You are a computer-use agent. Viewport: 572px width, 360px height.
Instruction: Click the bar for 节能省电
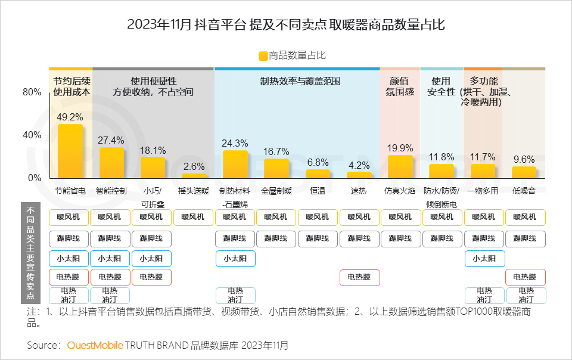[x=70, y=151]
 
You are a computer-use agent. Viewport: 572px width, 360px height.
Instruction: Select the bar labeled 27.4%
[x=111, y=163]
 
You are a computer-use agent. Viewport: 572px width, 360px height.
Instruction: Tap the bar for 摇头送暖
[x=194, y=176]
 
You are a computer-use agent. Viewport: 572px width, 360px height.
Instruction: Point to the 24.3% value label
[x=234, y=143]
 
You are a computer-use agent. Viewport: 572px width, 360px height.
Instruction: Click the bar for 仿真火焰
[x=400, y=167]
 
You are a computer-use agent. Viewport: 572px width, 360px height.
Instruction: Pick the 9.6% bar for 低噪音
[x=524, y=172]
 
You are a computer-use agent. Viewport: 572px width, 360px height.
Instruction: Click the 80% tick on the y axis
[x=32, y=92]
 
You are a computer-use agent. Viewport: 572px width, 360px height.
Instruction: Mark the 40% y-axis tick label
[x=32, y=135]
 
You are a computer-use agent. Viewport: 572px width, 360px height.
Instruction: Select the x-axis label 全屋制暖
[x=276, y=191]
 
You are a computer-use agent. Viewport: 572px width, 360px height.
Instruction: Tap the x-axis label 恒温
[x=318, y=191]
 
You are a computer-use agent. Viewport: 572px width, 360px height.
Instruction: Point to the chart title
[x=286, y=25]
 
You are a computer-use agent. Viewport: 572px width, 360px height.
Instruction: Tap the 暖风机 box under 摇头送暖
[x=194, y=217]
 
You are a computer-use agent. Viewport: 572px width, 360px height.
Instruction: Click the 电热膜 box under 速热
[x=359, y=277]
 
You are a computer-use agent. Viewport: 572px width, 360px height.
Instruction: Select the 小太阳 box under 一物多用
[x=484, y=259]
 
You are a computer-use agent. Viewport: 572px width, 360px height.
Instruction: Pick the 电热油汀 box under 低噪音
[x=525, y=296]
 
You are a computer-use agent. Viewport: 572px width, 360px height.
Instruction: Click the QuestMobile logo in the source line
[x=95, y=345]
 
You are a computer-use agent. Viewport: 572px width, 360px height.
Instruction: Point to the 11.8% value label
[x=441, y=157]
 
